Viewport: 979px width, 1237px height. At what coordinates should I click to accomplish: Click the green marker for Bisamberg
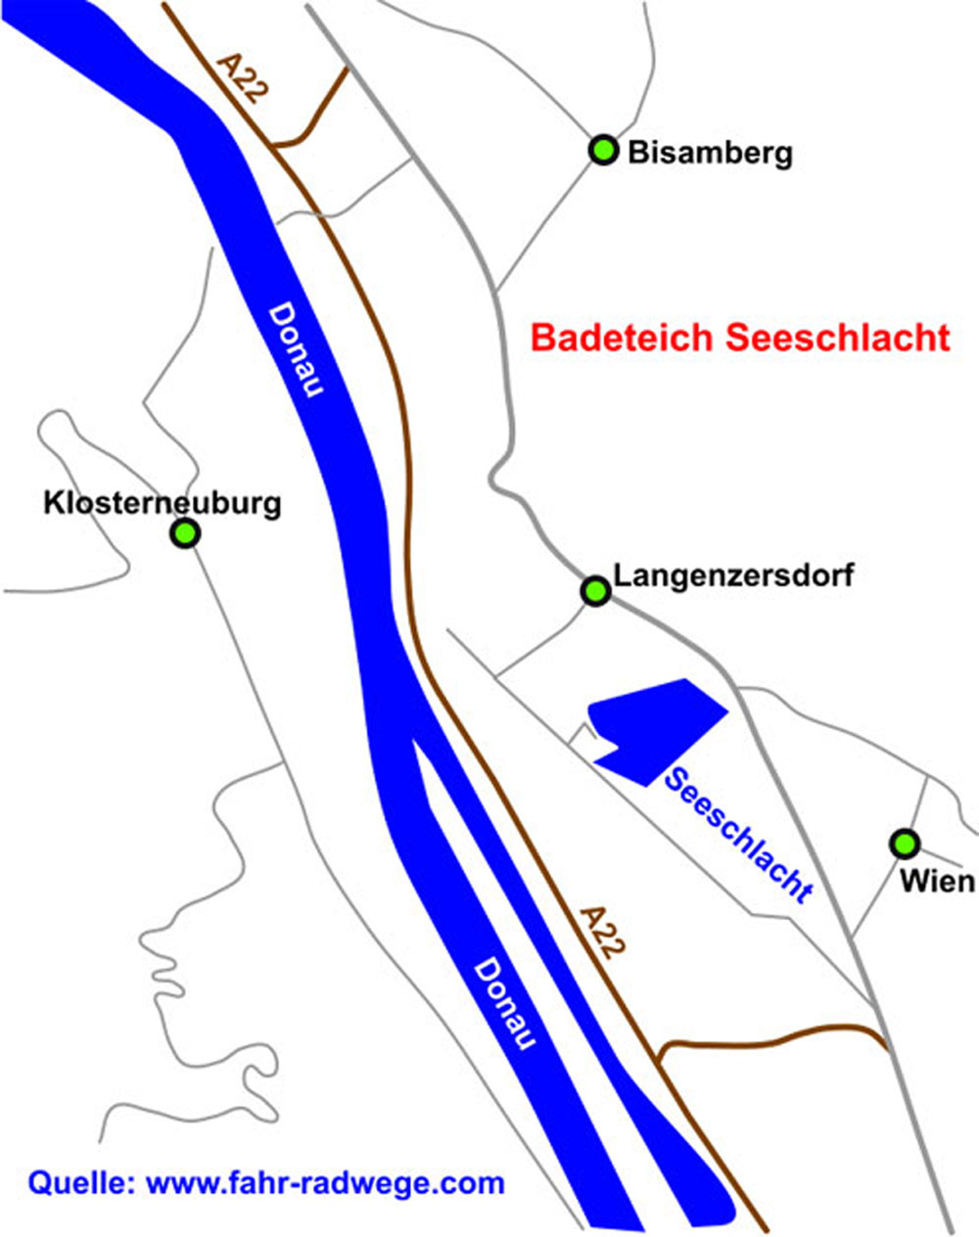point(603,151)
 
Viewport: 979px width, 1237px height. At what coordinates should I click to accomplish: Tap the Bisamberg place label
point(710,153)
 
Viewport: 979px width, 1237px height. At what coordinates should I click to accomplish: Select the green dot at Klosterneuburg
point(185,533)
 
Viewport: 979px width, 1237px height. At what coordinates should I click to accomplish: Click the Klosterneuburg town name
point(163,503)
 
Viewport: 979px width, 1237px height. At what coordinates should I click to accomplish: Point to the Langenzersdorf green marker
point(594,591)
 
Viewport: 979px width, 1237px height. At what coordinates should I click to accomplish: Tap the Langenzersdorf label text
point(733,574)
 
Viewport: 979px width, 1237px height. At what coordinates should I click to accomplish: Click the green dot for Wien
point(905,843)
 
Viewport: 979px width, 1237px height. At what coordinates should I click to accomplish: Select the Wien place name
point(937,881)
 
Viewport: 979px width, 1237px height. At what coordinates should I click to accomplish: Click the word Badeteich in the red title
point(624,338)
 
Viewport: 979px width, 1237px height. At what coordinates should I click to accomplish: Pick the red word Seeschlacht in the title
point(838,338)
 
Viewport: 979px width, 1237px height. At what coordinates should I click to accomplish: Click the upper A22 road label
point(242,79)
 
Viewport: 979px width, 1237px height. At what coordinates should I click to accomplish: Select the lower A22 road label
point(599,933)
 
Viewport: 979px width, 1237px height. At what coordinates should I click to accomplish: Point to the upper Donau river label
point(297,350)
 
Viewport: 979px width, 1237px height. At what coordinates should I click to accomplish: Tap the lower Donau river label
point(504,1004)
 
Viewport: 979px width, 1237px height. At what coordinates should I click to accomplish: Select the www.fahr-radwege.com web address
point(325,1182)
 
